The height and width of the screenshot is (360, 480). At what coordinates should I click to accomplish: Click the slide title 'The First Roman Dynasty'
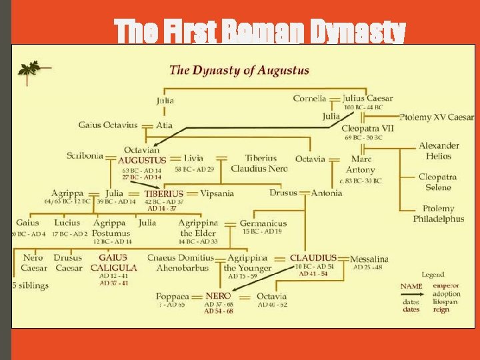pyautogui.click(x=259, y=31)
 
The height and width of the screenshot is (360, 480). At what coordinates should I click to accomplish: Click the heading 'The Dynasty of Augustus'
pyautogui.click(x=239, y=70)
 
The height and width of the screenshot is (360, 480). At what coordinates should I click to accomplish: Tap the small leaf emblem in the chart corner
pyautogui.click(x=29, y=69)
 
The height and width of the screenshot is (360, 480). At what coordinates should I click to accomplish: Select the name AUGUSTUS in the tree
pyautogui.click(x=141, y=160)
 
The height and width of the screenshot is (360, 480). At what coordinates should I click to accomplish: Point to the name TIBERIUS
pyautogui.click(x=163, y=194)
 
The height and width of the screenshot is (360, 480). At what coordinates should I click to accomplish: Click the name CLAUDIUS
pyautogui.click(x=313, y=258)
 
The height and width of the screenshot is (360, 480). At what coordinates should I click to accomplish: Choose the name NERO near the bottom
pyautogui.click(x=218, y=295)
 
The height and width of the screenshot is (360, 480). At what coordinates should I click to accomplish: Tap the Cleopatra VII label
pyautogui.click(x=367, y=128)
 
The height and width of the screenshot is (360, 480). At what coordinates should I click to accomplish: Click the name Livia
pyautogui.click(x=193, y=159)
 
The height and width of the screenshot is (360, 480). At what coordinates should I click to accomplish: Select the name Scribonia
pyautogui.click(x=85, y=156)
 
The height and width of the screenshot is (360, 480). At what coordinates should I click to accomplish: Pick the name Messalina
pyautogui.click(x=369, y=259)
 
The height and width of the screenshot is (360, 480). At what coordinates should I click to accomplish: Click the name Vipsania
pyautogui.click(x=217, y=194)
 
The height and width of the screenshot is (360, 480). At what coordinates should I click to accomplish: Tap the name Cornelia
pyautogui.click(x=309, y=99)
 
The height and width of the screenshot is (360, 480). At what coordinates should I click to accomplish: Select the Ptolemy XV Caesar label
pyautogui.click(x=437, y=117)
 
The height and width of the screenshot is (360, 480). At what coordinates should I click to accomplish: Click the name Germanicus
pyautogui.click(x=263, y=223)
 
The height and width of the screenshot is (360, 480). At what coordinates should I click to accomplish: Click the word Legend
pyautogui.click(x=432, y=275)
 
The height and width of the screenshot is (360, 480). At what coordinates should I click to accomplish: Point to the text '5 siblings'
pyautogui.click(x=30, y=286)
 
